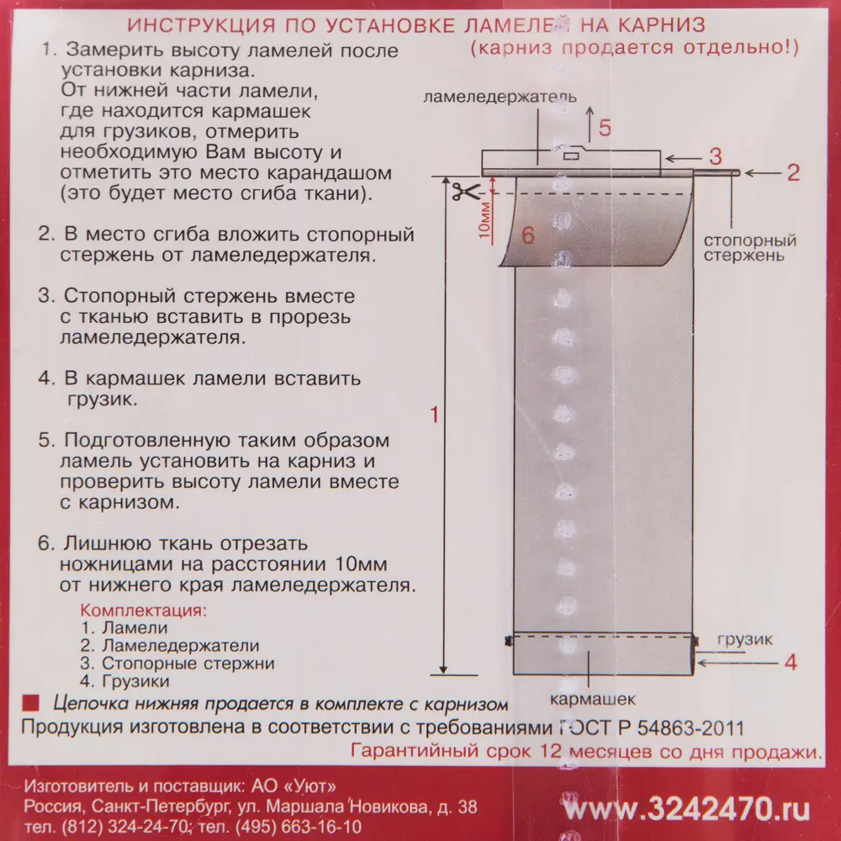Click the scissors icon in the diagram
click(462, 192)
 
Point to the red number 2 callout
click(793, 173)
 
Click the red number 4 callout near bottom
click(790, 662)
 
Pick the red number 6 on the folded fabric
click(528, 236)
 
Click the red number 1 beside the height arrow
click(434, 415)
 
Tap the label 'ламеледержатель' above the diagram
click(500, 98)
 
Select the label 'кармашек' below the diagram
click(592, 699)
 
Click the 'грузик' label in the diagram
click(744, 639)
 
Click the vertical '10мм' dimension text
click(484, 221)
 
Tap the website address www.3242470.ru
click(687, 809)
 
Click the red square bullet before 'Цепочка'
click(30, 702)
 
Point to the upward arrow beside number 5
click(587, 123)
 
